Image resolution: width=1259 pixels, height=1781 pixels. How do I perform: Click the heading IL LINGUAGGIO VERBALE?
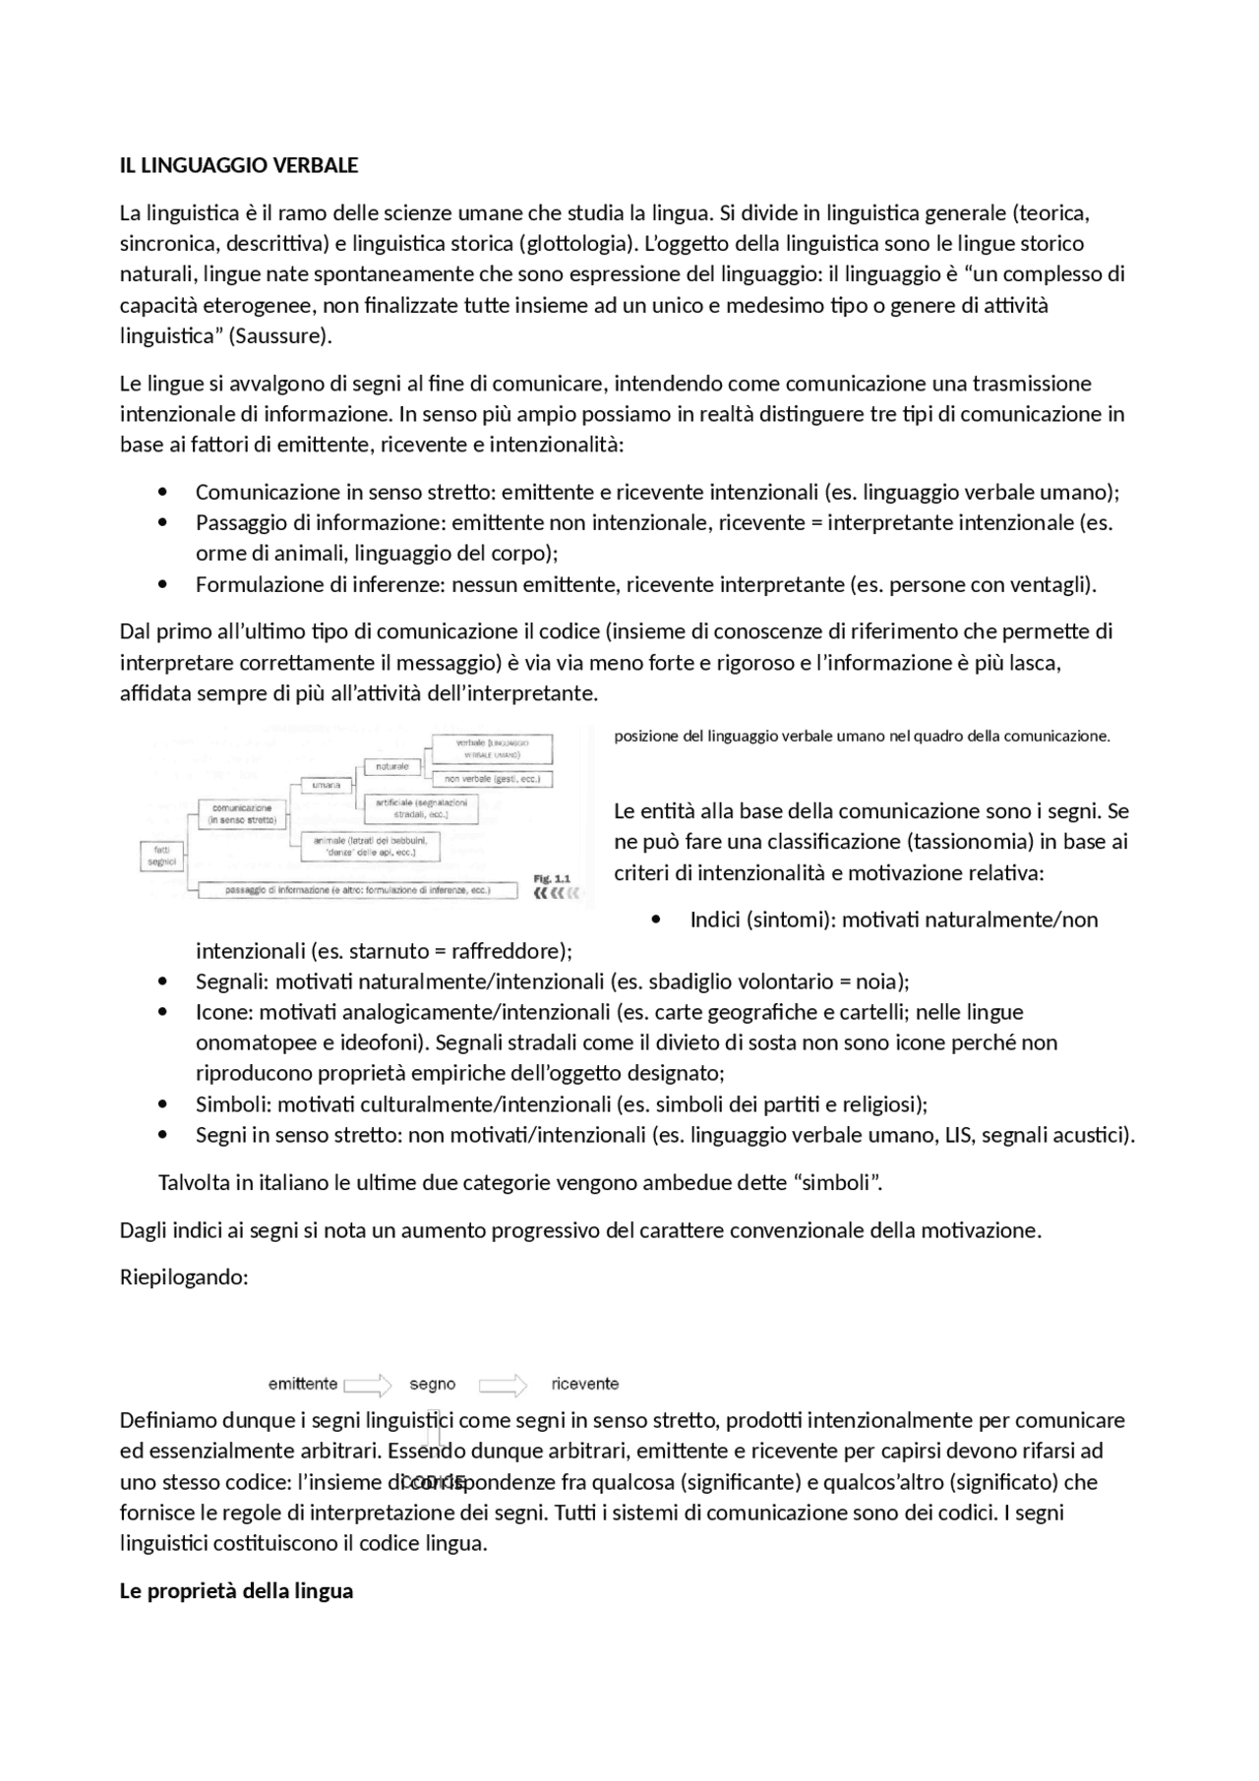point(238,165)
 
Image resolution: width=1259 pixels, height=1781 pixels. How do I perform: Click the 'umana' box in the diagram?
point(326,785)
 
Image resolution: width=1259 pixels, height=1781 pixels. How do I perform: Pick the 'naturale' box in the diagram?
point(391,766)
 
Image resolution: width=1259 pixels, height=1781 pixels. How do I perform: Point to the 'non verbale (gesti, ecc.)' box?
point(498,779)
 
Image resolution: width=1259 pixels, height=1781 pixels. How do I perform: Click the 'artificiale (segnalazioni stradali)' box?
point(421,808)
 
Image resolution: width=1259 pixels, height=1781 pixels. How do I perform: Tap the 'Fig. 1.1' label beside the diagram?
point(551,878)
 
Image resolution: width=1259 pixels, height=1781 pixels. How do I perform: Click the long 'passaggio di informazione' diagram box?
point(357,891)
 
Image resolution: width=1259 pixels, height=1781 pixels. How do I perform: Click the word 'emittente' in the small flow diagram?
point(303,1384)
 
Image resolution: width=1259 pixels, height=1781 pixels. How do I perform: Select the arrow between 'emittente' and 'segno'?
point(368,1385)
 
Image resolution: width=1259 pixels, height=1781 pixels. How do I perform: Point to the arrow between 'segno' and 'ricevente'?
point(503,1385)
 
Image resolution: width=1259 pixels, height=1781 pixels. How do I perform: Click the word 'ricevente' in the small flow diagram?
point(585,1384)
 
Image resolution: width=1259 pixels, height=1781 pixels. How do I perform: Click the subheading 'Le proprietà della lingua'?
point(236,1590)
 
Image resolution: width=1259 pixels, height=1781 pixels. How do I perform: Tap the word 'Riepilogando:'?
point(184,1276)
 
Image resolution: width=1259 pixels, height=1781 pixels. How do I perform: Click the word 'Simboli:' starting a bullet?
point(232,1103)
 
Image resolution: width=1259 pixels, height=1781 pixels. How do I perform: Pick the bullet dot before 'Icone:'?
point(163,1012)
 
